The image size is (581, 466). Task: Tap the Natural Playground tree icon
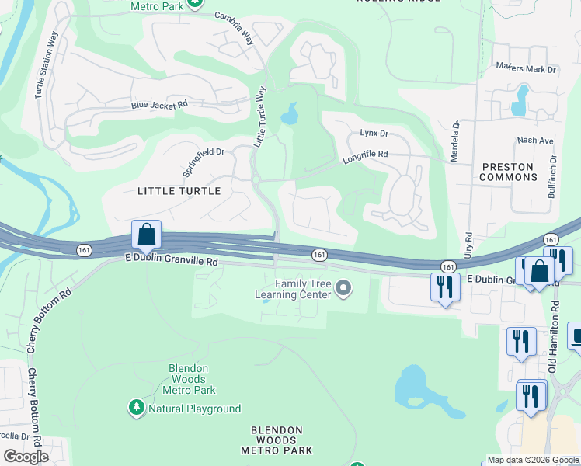136,408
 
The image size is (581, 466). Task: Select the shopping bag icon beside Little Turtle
146,235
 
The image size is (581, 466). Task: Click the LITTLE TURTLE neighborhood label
179,190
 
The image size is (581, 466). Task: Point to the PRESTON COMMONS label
509,172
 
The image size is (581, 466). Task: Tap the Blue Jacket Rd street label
159,104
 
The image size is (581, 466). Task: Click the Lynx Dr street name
374,134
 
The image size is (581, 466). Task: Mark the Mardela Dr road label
455,140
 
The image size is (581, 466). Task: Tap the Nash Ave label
535,141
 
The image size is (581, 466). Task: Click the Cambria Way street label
235,37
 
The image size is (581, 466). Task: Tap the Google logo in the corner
26,457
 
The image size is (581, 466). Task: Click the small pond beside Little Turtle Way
290,115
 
